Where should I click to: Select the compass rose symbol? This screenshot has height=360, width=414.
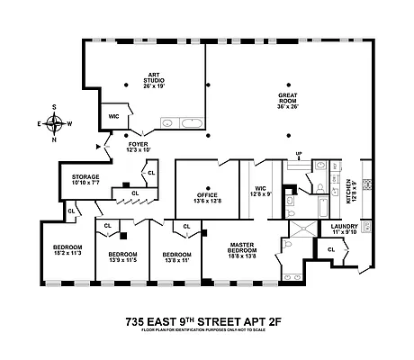coord(55,124)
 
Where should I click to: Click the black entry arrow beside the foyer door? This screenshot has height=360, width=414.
coord(96,145)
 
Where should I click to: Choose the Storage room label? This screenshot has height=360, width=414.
coord(78,179)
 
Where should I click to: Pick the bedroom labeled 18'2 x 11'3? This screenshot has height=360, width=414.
coord(67,250)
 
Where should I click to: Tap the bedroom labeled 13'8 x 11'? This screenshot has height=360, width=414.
coord(176,257)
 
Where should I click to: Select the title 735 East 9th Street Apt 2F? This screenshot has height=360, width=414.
coord(207,320)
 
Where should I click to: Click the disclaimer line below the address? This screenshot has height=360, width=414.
coord(207,332)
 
